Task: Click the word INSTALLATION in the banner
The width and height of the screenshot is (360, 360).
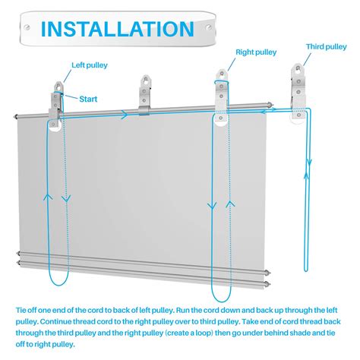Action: click(x=118, y=29)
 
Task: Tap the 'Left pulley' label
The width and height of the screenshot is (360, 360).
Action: click(x=90, y=65)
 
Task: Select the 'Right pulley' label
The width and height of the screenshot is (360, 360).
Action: click(x=256, y=52)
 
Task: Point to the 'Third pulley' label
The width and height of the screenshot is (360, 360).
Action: click(x=327, y=46)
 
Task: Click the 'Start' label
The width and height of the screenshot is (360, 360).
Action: click(x=88, y=99)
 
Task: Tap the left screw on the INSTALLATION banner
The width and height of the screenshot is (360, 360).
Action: click(x=27, y=27)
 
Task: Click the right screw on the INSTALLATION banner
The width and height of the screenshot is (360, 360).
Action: click(x=209, y=27)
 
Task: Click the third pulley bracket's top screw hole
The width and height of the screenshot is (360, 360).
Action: click(x=298, y=68)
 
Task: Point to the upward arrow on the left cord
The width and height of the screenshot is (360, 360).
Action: click(x=48, y=197)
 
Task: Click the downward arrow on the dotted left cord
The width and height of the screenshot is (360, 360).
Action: click(x=66, y=198)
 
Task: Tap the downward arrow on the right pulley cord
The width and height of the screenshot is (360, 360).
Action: click(x=212, y=206)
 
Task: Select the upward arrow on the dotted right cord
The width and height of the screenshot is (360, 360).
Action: click(x=230, y=204)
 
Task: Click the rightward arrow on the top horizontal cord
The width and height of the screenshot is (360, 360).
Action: click(x=125, y=115)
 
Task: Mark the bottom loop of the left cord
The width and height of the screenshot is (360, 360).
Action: click(x=58, y=279)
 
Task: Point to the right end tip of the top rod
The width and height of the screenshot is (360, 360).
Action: click(x=271, y=104)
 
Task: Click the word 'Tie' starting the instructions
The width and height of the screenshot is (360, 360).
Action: click(x=21, y=311)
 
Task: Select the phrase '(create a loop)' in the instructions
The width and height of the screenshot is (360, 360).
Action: click(x=189, y=333)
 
